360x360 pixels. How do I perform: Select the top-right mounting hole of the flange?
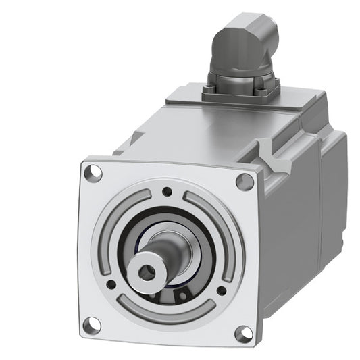pyautogui.click(x=243, y=182)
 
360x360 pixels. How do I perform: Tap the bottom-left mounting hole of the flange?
pyautogui.click(x=93, y=325)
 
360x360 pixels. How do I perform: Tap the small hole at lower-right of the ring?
pyautogui.click(x=222, y=291)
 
